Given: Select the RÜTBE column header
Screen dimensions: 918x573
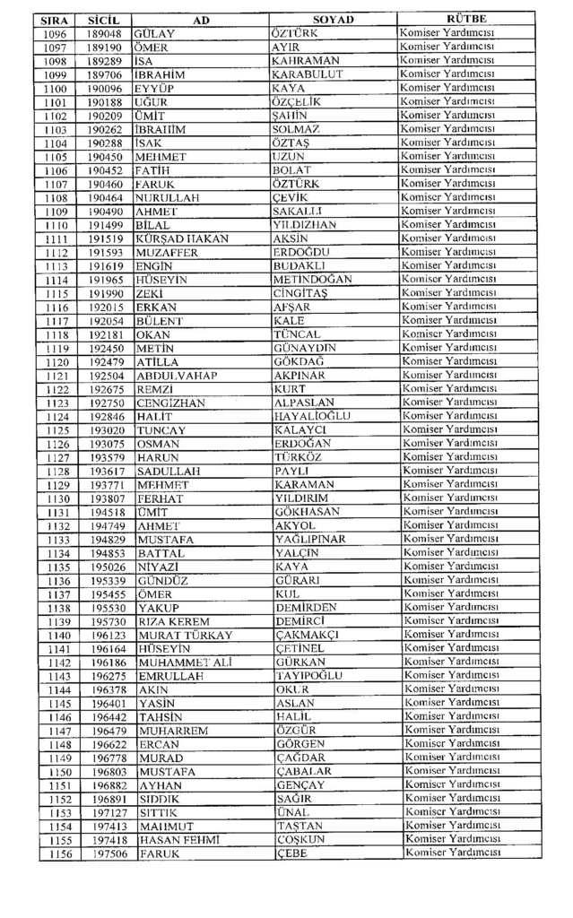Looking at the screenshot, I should (x=465, y=19).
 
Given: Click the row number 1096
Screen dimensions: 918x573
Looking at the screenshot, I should (x=55, y=33).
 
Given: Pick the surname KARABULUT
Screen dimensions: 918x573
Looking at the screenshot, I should (x=307, y=74).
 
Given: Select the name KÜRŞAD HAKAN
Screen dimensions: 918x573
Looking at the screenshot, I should (x=182, y=238).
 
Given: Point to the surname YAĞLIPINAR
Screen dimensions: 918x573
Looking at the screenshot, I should (x=310, y=540).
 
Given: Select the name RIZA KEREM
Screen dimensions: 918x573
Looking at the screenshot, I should (x=174, y=621).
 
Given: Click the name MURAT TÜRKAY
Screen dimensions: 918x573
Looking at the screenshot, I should (x=186, y=636).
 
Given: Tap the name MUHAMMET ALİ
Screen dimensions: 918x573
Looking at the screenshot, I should (x=186, y=663).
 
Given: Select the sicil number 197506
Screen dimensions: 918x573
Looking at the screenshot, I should (x=109, y=853).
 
